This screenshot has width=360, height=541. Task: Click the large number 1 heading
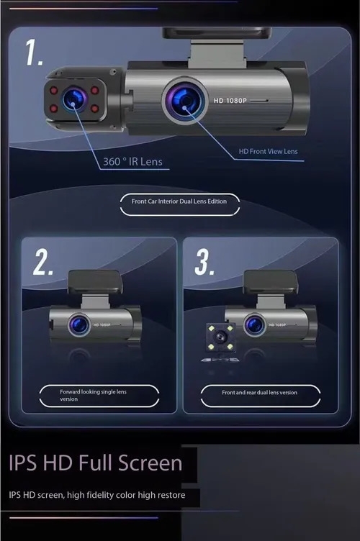(35, 52)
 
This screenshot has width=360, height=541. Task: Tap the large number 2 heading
(43, 262)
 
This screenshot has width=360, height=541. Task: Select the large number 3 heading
(204, 262)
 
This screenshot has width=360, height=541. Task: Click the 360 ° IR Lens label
(133, 161)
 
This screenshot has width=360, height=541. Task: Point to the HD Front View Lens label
(268, 151)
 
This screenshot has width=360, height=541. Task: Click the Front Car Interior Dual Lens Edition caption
(179, 201)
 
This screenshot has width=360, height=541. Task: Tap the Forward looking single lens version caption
(93, 396)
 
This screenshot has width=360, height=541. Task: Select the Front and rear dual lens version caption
(259, 392)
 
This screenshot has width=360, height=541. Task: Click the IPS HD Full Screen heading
(95, 463)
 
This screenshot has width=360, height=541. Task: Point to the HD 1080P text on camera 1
(230, 101)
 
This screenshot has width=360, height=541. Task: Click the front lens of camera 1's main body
(184, 101)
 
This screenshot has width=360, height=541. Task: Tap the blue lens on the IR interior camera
(74, 99)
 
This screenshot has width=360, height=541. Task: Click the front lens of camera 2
(79, 324)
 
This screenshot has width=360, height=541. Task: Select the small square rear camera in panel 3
(221, 337)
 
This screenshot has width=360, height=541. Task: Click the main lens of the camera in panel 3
(255, 324)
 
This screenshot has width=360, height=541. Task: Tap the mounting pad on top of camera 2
(95, 281)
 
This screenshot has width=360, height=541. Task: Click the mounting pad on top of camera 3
(271, 281)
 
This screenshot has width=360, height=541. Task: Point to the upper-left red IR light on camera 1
(53, 91)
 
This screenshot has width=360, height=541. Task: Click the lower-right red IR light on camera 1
(94, 109)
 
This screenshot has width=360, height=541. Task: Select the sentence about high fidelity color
(97, 495)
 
